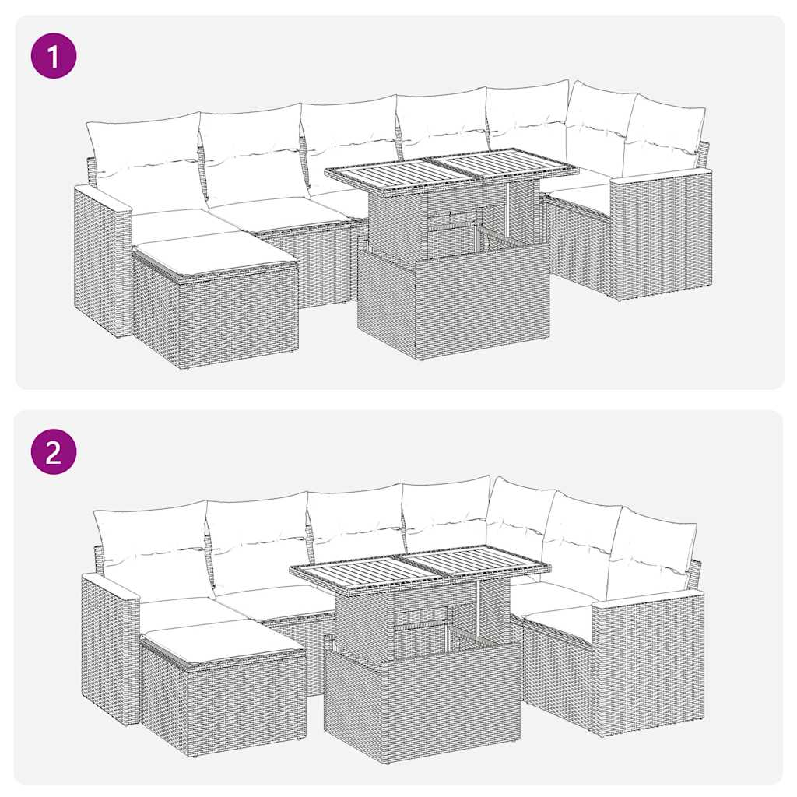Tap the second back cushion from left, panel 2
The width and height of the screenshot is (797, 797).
(257, 537)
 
